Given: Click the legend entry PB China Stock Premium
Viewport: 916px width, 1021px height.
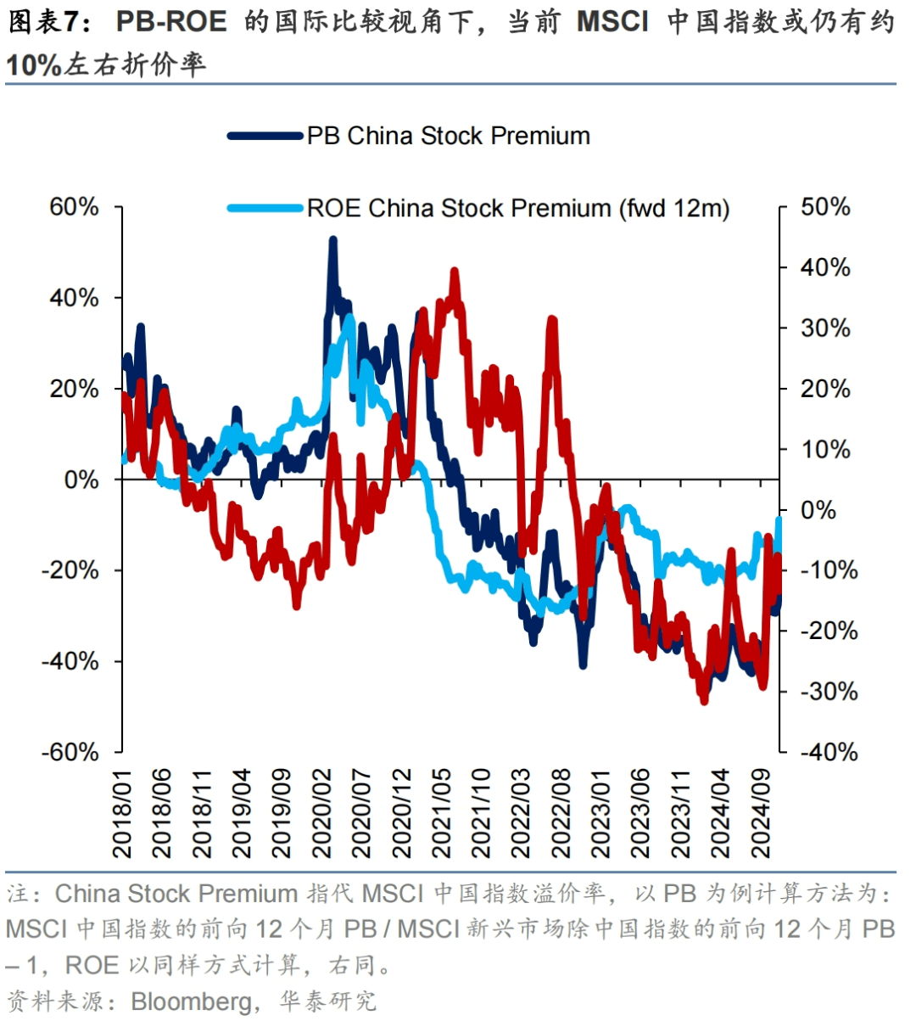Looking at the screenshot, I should point(448,136).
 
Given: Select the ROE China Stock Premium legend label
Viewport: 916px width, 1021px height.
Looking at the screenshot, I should point(517,208).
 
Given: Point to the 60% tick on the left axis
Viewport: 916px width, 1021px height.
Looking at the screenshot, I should point(75,207).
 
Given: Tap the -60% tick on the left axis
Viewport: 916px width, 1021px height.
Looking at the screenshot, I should point(70,752).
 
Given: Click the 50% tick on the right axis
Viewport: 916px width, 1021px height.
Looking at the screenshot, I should point(825,207).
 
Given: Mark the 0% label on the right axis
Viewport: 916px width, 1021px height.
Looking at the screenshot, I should point(818,510).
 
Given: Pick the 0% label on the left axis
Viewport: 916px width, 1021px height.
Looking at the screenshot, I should point(81,480).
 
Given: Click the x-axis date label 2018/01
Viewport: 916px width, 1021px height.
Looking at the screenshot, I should point(124,813).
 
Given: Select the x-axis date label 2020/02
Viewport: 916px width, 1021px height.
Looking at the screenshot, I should point(323,813).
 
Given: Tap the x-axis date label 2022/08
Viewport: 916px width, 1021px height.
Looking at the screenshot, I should point(562,813).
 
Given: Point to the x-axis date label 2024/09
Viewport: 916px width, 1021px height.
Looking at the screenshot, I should point(762,813).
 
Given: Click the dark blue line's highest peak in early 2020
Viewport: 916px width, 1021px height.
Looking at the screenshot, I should point(332,241).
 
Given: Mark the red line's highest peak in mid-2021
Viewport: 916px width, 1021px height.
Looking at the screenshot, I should point(455,272).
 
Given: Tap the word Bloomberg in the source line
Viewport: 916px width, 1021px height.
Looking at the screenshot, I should point(191,1001).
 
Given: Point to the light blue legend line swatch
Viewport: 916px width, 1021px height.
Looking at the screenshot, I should point(265,208).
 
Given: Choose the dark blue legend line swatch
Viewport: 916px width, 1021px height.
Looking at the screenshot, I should point(265,136).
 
